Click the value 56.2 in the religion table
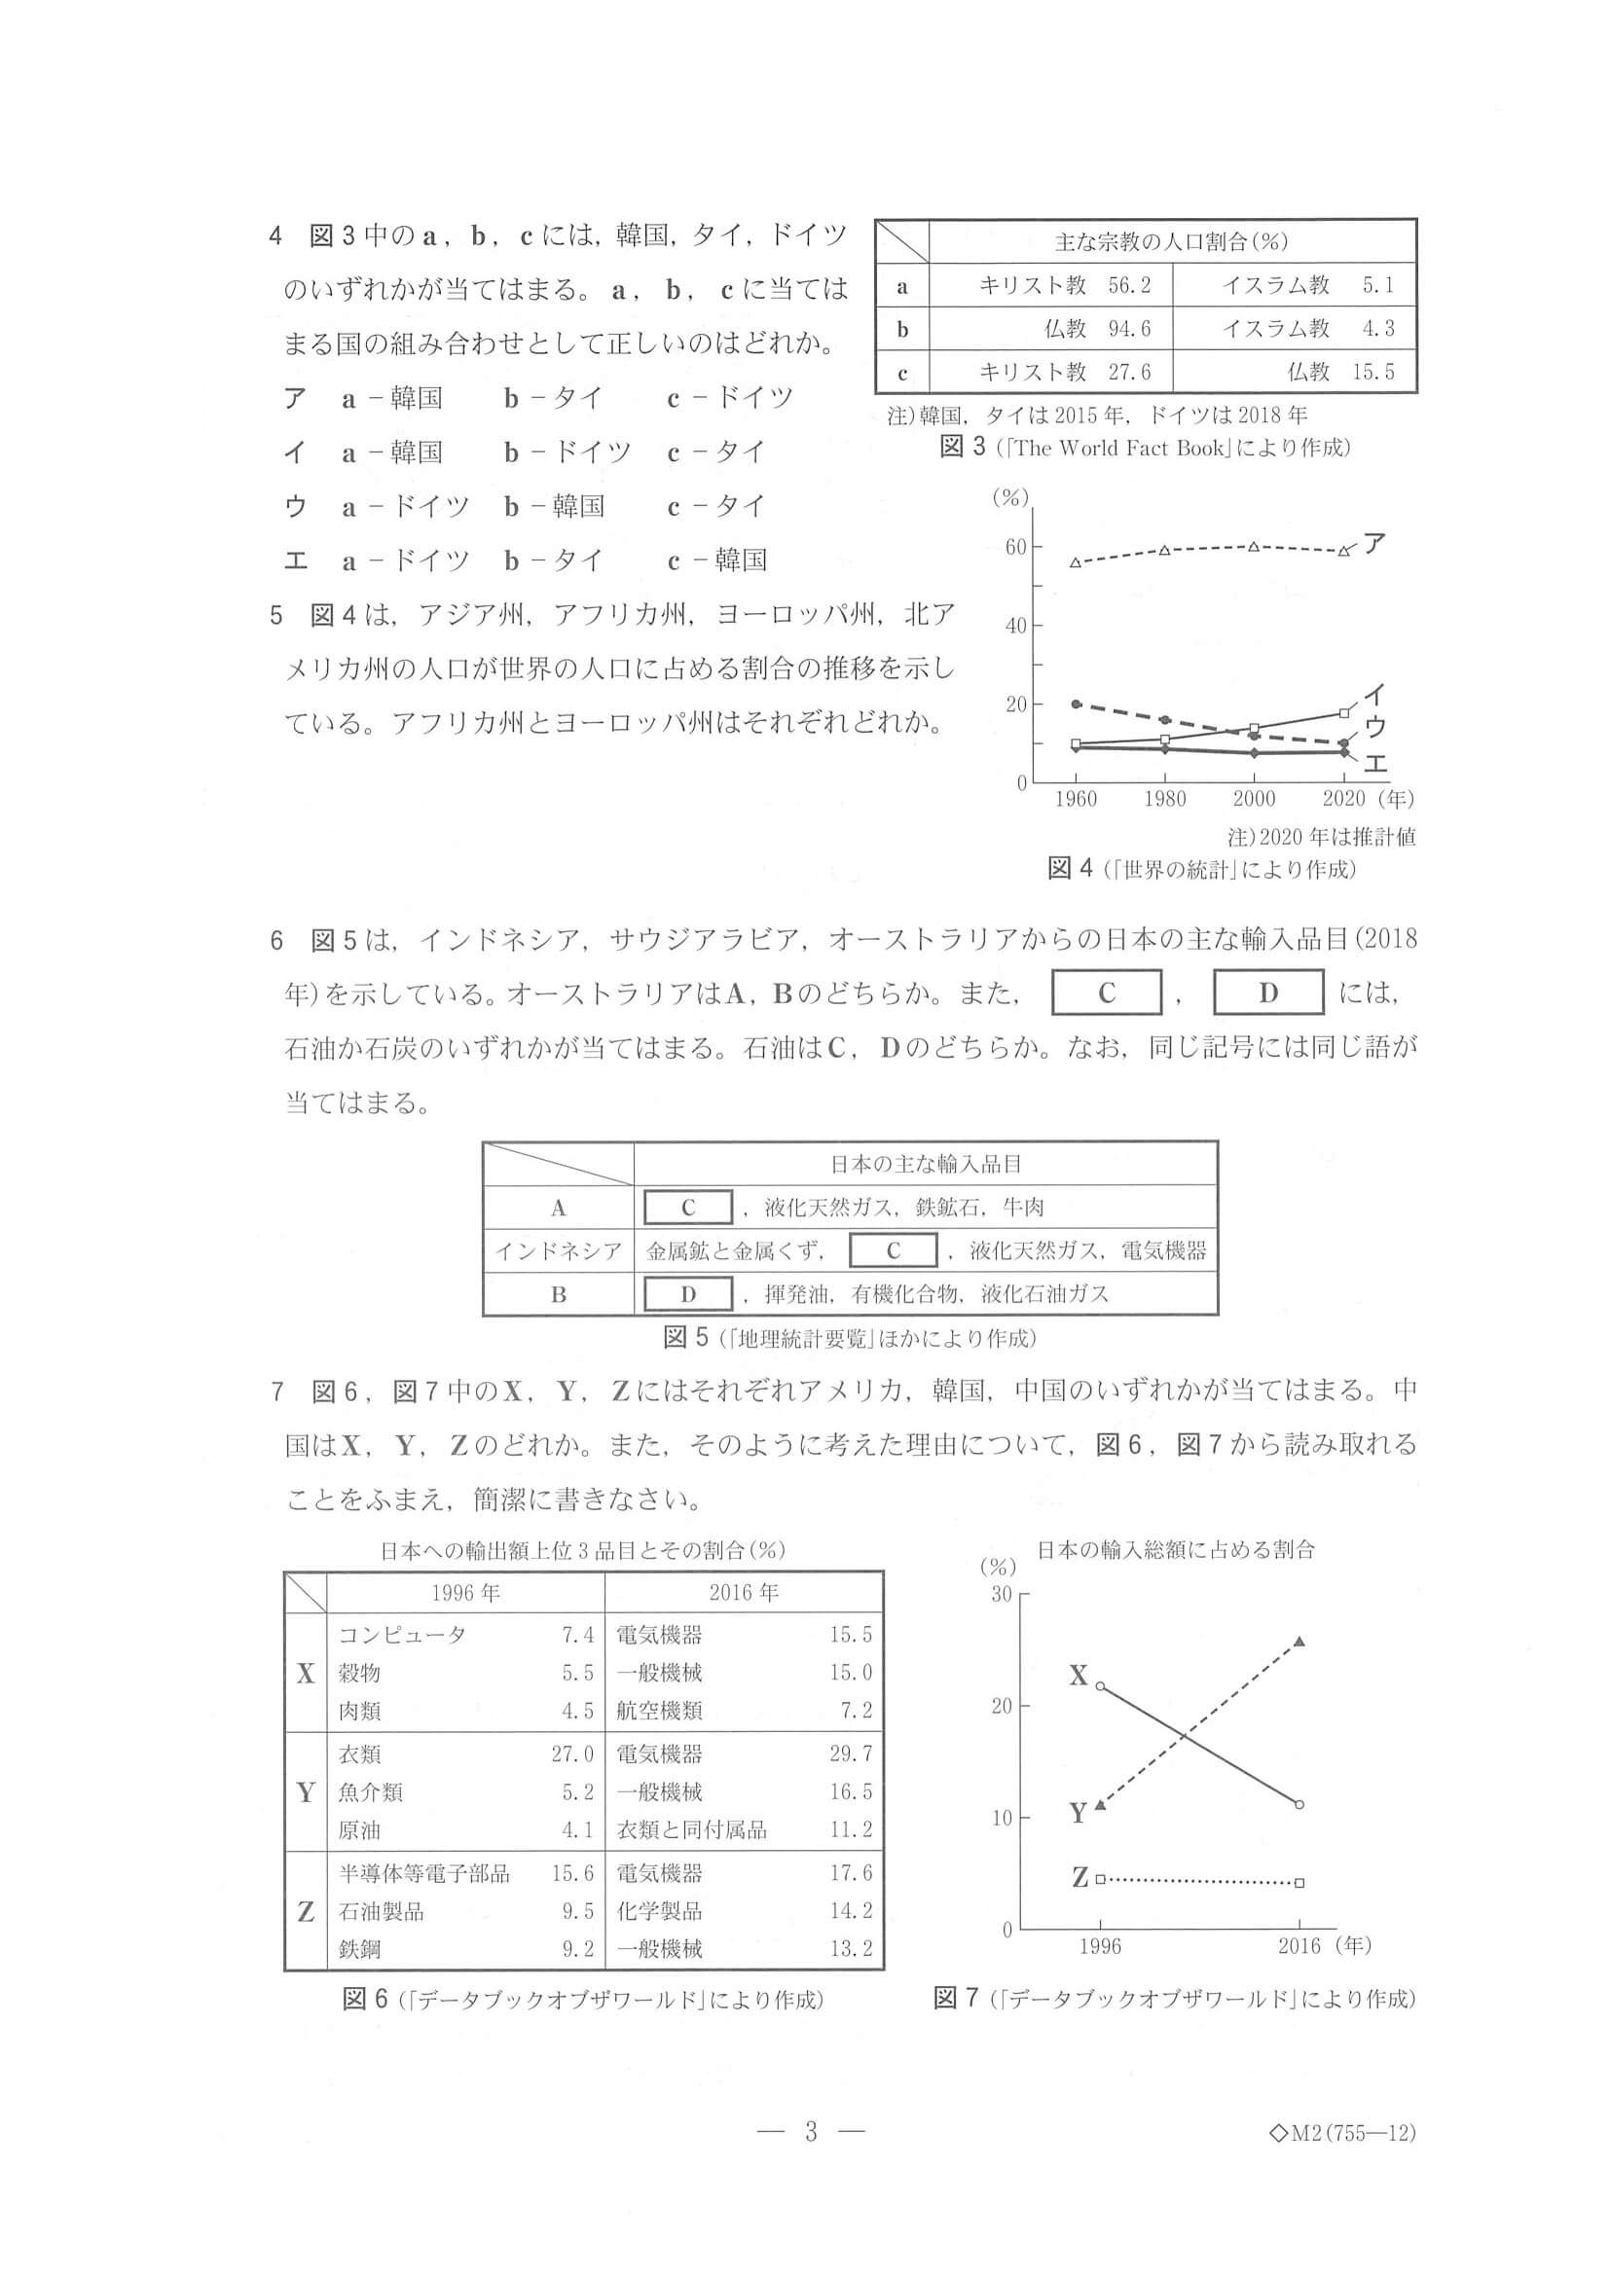1129,286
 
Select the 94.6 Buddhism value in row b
1129,328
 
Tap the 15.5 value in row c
1372,372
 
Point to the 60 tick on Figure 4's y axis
1015,548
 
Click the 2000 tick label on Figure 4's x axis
1254,798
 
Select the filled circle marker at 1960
1077,705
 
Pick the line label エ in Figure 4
1375,763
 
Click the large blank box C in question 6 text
1106,993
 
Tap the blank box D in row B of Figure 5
688,1294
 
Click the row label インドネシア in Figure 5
559,1251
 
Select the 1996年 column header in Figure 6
465,1593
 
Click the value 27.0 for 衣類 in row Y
572,1754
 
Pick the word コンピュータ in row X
402,1636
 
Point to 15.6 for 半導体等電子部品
572,1873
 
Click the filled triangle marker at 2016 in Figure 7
1299,1642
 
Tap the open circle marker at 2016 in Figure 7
1299,1804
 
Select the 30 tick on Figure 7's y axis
1002,1595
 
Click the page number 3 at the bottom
811,2130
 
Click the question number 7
276,1392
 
